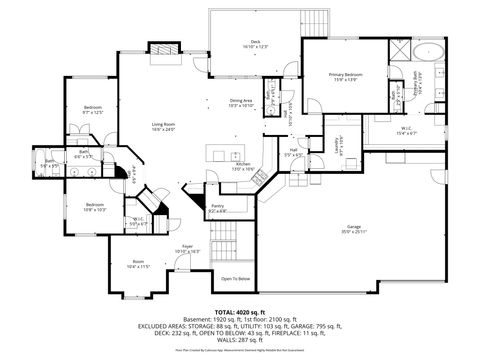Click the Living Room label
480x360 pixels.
pos(163,126)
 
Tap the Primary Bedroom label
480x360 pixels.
pos(346,77)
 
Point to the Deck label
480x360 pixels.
pos(256,44)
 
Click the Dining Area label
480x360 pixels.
pos(241,103)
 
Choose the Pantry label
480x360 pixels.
pos(218,207)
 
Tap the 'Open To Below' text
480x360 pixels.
pos(236,279)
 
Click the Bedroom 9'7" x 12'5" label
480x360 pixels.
pos(93,109)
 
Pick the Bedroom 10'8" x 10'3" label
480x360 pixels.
pos(95,207)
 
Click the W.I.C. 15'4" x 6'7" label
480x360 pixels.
pos(404,130)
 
